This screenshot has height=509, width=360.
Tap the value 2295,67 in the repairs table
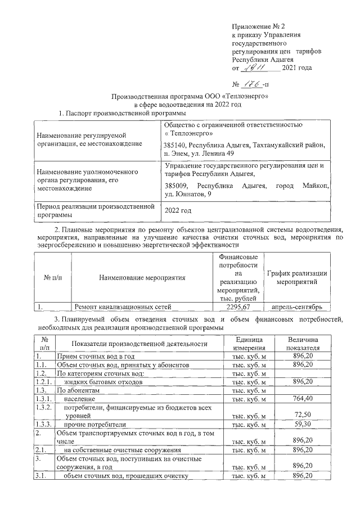[x=237, y=307]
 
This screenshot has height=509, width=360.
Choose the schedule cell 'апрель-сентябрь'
[x=296, y=307]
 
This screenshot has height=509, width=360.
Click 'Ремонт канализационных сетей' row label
[x=123, y=307]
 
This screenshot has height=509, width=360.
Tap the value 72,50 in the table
[x=303, y=414]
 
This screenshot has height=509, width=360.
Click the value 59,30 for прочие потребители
[x=303, y=424]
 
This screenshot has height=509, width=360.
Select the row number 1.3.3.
[x=44, y=424]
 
